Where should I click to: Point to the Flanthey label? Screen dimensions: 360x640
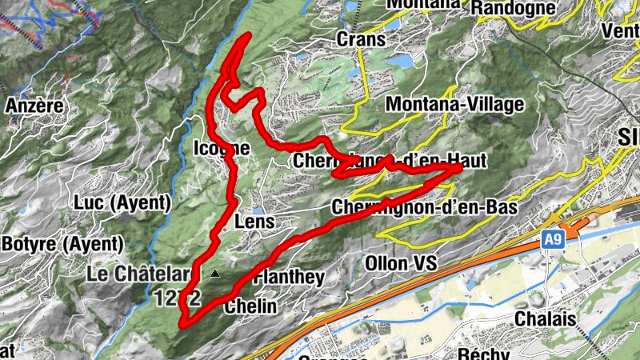click(x=289, y=278)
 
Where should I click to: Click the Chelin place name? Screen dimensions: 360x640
click(x=250, y=306)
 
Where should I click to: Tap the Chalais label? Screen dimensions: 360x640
click(x=546, y=318)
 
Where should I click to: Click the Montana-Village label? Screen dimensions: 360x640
click(x=454, y=104)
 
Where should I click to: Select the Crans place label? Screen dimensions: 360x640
click(x=361, y=38)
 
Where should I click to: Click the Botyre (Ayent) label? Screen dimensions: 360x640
click(x=62, y=243)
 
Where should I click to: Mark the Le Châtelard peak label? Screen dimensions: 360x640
click(x=140, y=274)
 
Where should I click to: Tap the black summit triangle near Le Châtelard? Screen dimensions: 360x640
click(x=214, y=274)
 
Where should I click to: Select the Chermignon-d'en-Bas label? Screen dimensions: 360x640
click(x=424, y=206)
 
